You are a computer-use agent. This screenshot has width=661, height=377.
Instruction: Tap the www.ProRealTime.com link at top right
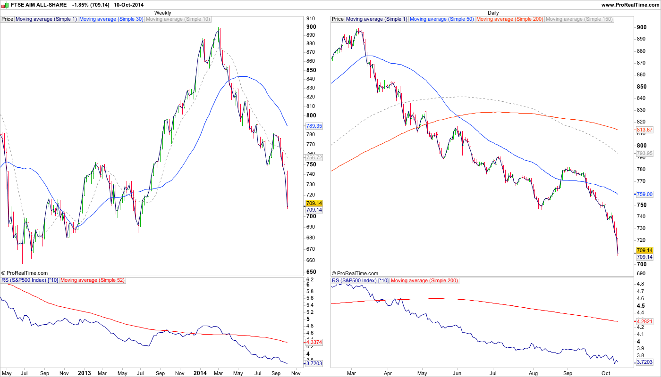[x=630, y=5]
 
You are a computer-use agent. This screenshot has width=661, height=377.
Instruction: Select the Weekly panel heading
[x=163, y=13]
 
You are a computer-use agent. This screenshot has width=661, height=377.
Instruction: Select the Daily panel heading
[x=493, y=13]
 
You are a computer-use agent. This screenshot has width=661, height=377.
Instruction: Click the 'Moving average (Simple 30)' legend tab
[x=111, y=19]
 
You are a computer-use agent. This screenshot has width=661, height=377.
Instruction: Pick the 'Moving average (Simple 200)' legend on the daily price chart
[x=509, y=19]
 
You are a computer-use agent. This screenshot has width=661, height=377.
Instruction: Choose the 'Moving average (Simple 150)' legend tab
[x=579, y=19]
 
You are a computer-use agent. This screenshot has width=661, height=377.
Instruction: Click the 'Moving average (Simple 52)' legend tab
[x=93, y=280]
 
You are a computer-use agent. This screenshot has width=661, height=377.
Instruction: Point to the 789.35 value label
[x=314, y=126]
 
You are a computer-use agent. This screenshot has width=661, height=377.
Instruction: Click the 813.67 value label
[x=644, y=130]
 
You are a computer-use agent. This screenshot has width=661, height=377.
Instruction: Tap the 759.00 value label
[x=644, y=194]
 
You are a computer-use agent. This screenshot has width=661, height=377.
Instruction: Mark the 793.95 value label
[x=644, y=153]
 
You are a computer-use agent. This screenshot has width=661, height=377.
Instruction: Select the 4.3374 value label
[x=314, y=342]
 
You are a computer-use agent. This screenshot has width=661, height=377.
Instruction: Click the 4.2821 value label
[x=644, y=321]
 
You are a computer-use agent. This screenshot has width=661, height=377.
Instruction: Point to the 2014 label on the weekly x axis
[x=200, y=373]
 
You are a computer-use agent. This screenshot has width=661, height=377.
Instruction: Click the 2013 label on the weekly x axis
[x=84, y=373]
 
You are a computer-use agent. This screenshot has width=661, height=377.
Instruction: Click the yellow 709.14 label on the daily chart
[x=644, y=251]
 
